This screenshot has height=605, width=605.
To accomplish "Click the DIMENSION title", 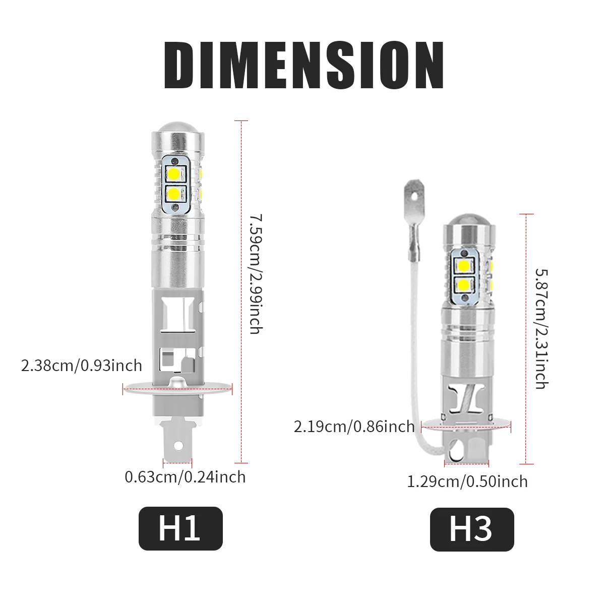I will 303,66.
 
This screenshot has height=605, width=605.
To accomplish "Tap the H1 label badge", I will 180,528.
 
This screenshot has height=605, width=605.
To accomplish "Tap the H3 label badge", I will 471,529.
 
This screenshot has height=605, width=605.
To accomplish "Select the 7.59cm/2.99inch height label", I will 256,274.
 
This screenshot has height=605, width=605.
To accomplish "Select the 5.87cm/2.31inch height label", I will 540,329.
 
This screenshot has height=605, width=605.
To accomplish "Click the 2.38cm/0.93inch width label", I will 82,365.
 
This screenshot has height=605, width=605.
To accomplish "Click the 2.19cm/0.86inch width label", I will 354,427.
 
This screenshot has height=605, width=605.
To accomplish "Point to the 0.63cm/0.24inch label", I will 185,476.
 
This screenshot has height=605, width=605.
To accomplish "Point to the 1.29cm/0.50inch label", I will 467,481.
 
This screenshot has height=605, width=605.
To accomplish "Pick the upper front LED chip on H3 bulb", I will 464,265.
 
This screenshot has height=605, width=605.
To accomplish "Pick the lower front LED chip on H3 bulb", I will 464,285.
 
